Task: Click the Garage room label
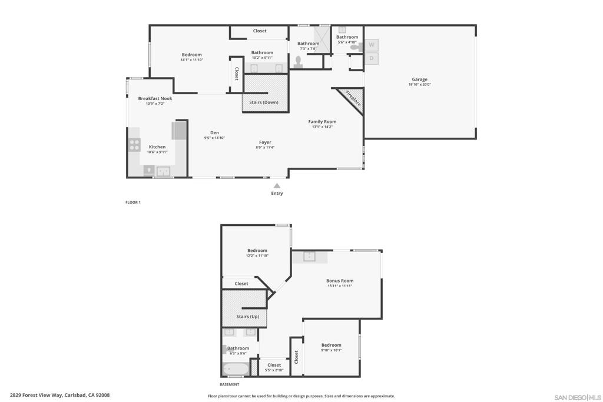pos(419,79)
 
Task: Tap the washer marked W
pos(372,45)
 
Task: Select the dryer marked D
pos(372,58)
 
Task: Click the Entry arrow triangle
pos(277,185)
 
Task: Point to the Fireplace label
pos(353,98)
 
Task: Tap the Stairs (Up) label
pos(247,317)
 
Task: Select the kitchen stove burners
pos(134,144)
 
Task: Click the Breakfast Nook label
pos(155,98)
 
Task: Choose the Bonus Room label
pos(340,281)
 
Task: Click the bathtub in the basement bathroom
pos(236,370)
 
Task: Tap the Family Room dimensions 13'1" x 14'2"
pos(322,127)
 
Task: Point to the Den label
pos(214,132)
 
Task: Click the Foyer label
pos(265,142)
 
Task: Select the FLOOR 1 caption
pos(133,202)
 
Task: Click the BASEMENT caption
pos(229,384)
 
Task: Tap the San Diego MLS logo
pos(578,397)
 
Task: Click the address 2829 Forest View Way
pos(59,396)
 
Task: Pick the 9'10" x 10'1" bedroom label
pos(331,345)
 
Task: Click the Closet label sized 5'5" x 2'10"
pos(274,365)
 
